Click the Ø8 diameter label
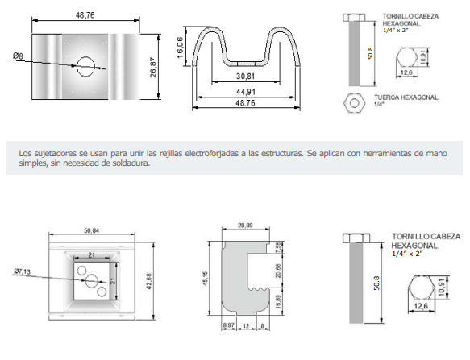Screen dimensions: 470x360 click(18, 56)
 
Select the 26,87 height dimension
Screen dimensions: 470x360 click(153, 68)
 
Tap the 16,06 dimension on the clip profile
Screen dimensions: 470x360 click(180, 48)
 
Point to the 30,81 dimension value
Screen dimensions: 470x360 click(245, 77)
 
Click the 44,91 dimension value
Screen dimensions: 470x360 click(246, 92)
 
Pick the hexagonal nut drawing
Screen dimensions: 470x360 click(354, 103)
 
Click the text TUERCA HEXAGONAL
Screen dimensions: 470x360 click(406, 97)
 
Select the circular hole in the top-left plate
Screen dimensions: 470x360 click(85, 67)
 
